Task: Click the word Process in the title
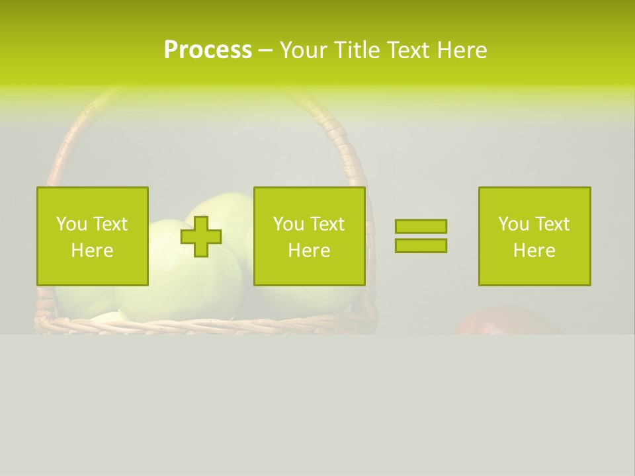208,50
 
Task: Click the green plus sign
201,237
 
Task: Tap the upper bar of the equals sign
421,226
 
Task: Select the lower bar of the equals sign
421,246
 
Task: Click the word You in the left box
71,224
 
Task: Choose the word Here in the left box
92,251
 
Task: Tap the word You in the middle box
288,224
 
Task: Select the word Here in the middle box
309,251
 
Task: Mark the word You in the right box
513,224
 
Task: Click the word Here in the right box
534,251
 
